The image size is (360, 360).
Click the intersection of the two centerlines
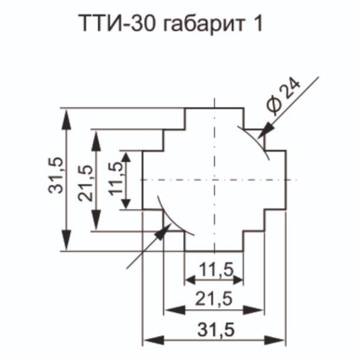click(x=214, y=179)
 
